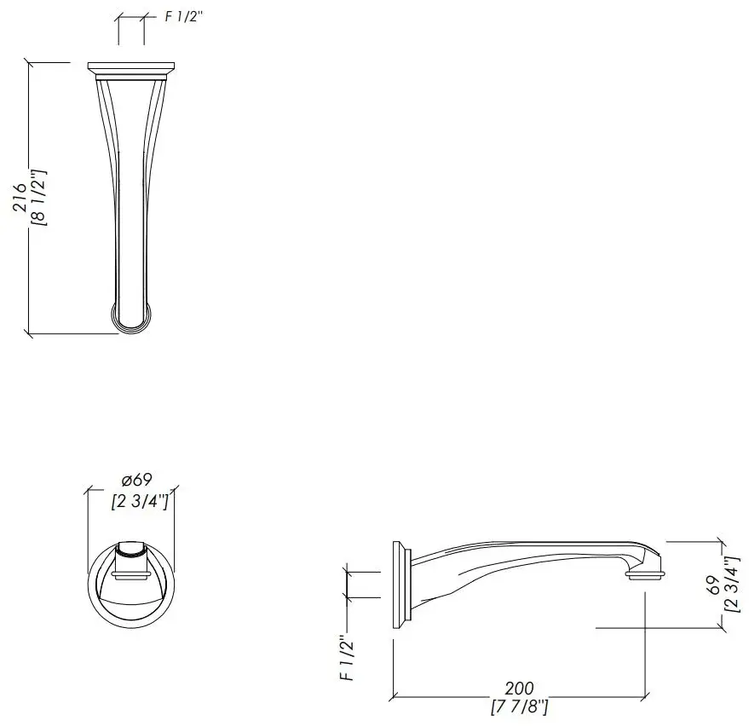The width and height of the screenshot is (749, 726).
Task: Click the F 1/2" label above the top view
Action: pyautogui.click(x=184, y=16)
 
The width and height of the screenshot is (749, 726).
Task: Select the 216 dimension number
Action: pyautogui.click(x=20, y=197)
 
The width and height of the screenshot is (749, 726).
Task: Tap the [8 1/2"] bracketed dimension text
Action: pyautogui.click(x=38, y=197)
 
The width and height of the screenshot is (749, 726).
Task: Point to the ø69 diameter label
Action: pyautogui.click(x=136, y=479)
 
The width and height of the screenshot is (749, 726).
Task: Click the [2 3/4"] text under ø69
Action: pyautogui.click(x=140, y=502)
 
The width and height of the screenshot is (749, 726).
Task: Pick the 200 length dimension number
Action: pyautogui.click(x=519, y=689)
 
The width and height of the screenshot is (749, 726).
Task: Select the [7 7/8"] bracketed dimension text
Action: pyautogui.click(x=519, y=706)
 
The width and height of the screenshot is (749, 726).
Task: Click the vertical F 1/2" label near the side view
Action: pyautogui.click(x=348, y=658)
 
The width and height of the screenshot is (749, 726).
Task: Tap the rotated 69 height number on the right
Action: pyautogui.click(x=713, y=585)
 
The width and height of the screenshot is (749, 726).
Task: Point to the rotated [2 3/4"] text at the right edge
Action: pyautogui.click(x=732, y=585)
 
